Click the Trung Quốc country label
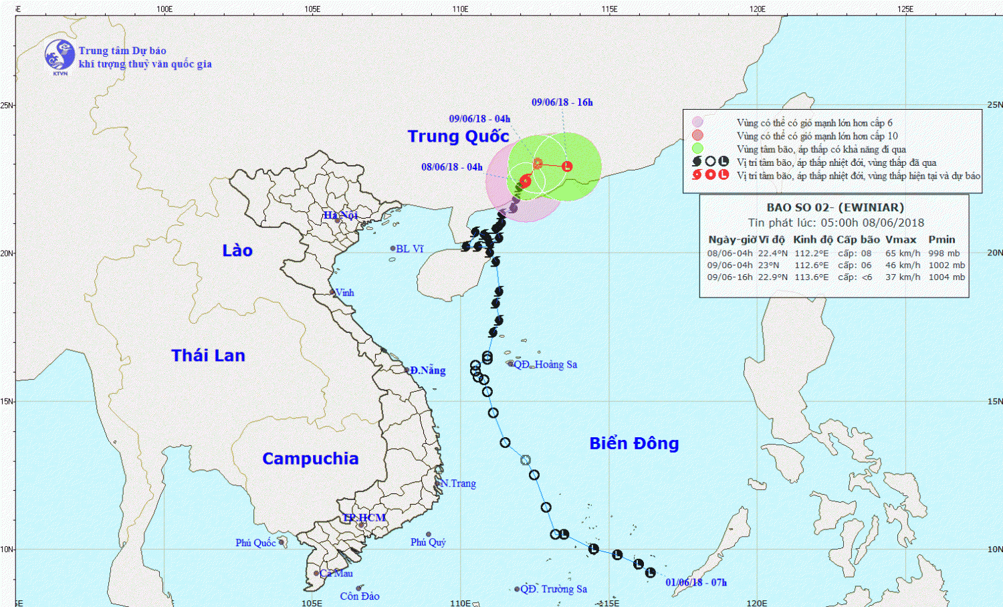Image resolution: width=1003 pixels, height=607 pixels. click(x=458, y=136)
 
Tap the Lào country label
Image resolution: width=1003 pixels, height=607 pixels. click(x=237, y=251)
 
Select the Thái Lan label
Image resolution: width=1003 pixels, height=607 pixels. click(x=208, y=356)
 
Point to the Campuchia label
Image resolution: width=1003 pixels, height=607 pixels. click(x=310, y=459)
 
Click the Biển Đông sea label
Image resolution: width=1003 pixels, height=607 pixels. click(x=634, y=443)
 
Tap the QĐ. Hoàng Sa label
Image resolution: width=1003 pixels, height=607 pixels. click(x=545, y=364)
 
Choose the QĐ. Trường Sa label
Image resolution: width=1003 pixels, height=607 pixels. click(x=554, y=589)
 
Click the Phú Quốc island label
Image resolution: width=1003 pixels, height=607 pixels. click(x=255, y=543)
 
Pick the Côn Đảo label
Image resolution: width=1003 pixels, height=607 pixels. click(x=360, y=596)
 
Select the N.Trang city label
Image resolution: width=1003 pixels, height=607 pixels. click(x=458, y=483)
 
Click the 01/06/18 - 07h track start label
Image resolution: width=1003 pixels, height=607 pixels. click(x=696, y=582)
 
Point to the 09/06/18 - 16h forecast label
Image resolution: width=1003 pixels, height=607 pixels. click(x=562, y=102)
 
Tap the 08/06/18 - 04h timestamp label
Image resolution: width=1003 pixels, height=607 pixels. click(x=451, y=167)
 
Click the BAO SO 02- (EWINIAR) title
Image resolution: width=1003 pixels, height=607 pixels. click(x=835, y=207)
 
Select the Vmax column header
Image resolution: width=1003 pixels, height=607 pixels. click(x=901, y=239)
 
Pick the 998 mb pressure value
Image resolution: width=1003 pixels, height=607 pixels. click(x=943, y=253)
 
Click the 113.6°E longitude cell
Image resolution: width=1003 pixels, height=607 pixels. click(x=811, y=277)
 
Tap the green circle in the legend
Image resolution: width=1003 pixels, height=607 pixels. click(x=697, y=148)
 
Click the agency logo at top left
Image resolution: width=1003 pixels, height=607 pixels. click(x=60, y=55)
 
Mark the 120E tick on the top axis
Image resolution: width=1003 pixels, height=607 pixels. click(x=758, y=9)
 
